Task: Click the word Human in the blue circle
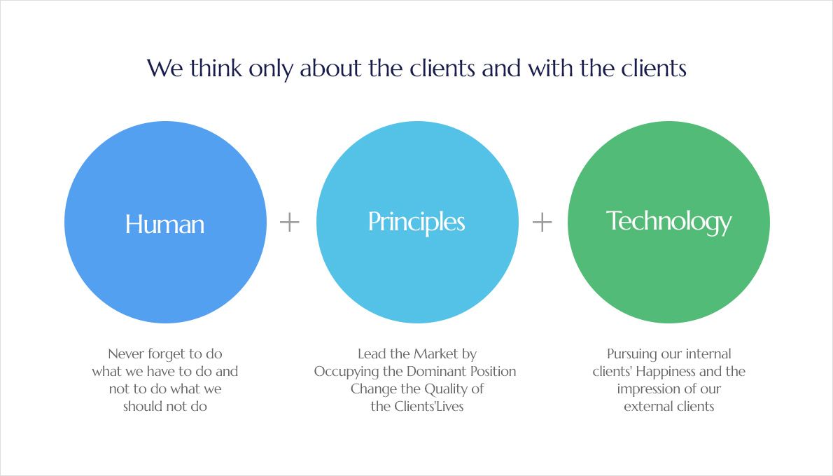[164, 224]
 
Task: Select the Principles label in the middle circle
[417, 222]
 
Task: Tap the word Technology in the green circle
[668, 221]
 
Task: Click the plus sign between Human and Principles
[290, 222]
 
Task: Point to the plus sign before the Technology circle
[542, 222]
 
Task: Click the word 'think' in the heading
[216, 68]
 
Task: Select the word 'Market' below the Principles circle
[436, 353]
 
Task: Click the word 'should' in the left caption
[142, 407]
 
